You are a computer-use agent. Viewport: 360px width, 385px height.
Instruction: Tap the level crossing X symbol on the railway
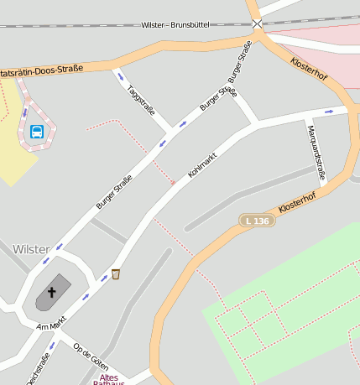click(x=257, y=23)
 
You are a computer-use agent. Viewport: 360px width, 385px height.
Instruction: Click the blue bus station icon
click(x=37, y=131)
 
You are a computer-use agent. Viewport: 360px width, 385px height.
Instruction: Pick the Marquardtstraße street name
click(x=315, y=152)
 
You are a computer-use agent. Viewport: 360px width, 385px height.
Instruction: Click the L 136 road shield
click(x=258, y=221)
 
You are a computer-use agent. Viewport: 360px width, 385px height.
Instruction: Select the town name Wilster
click(x=31, y=249)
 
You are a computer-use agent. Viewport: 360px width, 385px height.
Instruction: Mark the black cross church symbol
click(x=52, y=293)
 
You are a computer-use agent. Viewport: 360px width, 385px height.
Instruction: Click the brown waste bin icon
click(x=116, y=273)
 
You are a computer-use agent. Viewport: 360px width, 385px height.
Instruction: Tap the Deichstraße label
click(x=39, y=370)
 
